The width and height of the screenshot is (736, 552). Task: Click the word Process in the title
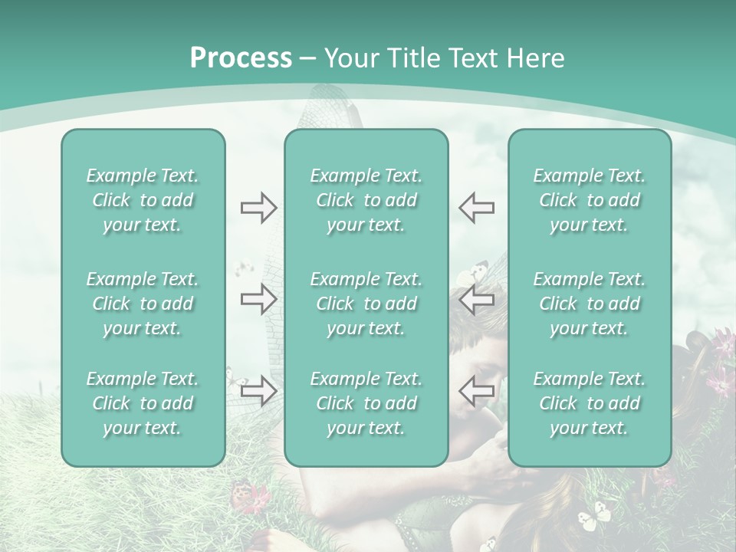(241, 58)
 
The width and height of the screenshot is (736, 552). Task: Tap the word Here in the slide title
(535, 58)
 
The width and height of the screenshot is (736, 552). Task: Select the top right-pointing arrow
(258, 208)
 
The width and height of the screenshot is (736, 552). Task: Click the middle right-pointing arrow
(258, 300)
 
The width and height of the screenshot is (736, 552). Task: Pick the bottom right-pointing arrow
(258, 390)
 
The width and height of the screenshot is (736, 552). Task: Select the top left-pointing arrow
(476, 208)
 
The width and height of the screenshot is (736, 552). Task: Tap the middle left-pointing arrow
(476, 300)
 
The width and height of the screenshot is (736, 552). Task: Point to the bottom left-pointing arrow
(476, 390)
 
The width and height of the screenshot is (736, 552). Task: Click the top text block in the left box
(143, 200)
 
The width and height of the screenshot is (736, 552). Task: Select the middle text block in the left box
(143, 304)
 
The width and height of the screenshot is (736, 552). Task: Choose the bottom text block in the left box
(143, 403)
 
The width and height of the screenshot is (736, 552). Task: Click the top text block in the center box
(366, 200)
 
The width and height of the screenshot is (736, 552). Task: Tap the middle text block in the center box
(366, 304)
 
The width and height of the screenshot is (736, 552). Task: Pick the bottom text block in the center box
(366, 403)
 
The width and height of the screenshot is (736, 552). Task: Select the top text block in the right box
(589, 200)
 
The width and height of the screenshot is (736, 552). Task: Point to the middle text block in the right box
(589, 304)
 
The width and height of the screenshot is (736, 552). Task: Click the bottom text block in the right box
(589, 403)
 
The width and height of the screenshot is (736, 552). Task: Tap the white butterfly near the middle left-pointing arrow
(473, 272)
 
